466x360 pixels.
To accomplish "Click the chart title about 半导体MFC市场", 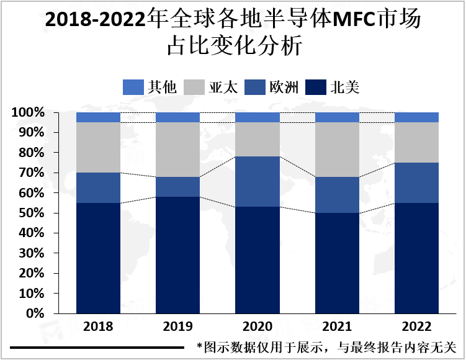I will [x=233, y=33].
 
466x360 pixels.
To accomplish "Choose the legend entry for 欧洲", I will [x=272, y=87].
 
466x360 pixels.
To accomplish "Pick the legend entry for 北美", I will [x=333, y=87].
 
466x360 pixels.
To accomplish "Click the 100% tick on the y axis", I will [x=27, y=113].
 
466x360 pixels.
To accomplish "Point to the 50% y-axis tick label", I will [x=30, y=213].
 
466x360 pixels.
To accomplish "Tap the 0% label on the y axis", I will [x=34, y=313].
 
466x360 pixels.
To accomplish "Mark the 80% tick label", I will [x=30, y=153].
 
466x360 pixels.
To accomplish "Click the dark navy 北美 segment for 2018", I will [x=98, y=258].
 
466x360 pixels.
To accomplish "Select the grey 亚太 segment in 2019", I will [x=177, y=150].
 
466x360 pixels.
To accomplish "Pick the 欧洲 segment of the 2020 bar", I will [x=258, y=181].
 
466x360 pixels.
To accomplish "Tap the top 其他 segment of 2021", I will [x=337, y=117].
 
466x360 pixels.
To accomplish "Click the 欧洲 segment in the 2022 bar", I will [x=416, y=182].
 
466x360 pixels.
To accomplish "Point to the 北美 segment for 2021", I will [x=337, y=263].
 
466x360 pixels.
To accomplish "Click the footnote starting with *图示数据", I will [x=326, y=346].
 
